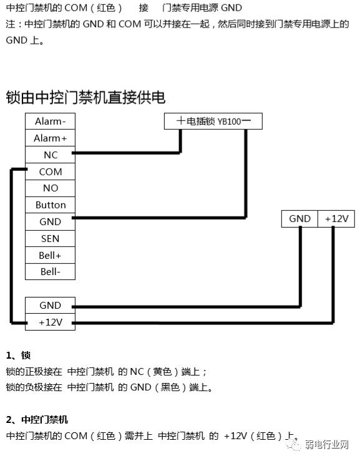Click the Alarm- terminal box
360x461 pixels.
(50, 122)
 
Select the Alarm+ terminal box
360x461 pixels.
(50, 138)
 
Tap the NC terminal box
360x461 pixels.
(50, 155)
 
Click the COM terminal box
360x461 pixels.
(50, 172)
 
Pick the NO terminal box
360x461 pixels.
(50, 188)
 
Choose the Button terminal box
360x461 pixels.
(50, 205)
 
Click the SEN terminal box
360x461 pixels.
(50, 238)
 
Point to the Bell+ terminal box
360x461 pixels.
(50, 256)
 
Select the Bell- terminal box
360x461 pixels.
(50, 272)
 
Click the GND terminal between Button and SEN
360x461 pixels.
(50, 221)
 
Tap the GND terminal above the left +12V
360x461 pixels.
(50, 306)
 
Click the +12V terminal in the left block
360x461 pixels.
(50, 323)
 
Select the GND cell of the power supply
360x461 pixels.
(299, 219)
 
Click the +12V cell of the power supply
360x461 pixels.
(336, 219)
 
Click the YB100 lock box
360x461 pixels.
(213, 121)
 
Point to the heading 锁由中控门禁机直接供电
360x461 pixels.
(85, 97)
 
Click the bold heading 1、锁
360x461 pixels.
(18, 356)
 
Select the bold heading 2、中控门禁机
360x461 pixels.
(37, 419)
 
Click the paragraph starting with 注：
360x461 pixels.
(177, 32)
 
